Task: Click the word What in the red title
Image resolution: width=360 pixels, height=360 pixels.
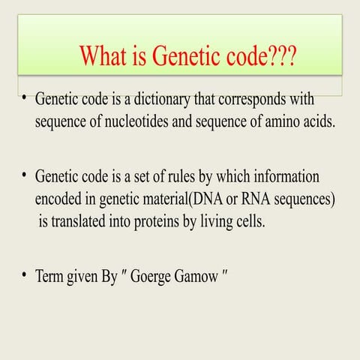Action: tap(104, 55)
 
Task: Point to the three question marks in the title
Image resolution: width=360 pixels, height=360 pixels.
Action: tap(279, 55)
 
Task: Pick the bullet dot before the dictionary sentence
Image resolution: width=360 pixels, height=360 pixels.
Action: tap(25, 98)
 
